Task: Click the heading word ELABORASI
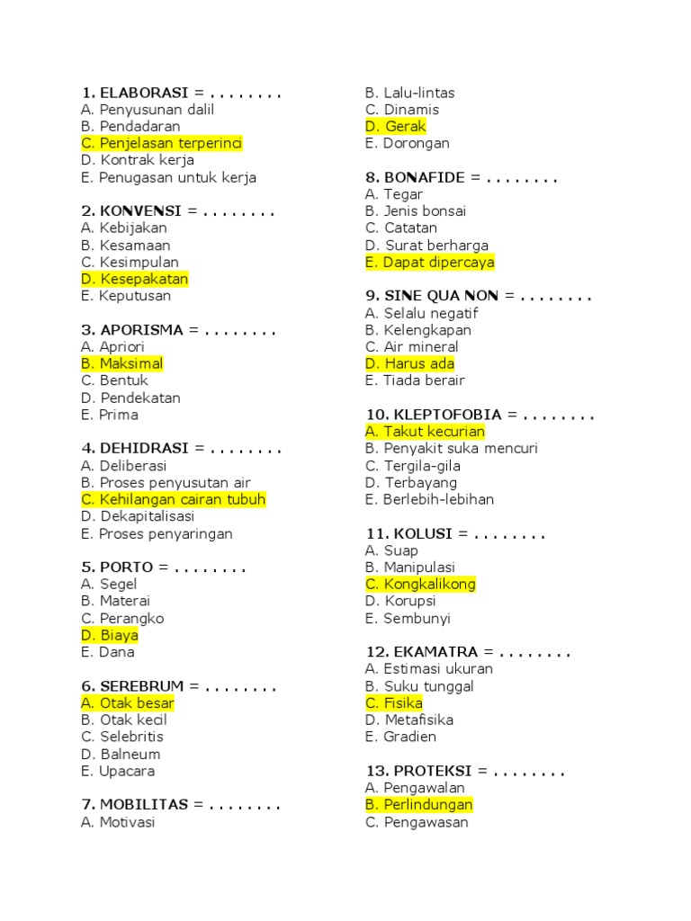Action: click(144, 93)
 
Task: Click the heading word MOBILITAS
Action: click(142, 805)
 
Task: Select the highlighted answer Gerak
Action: click(396, 127)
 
